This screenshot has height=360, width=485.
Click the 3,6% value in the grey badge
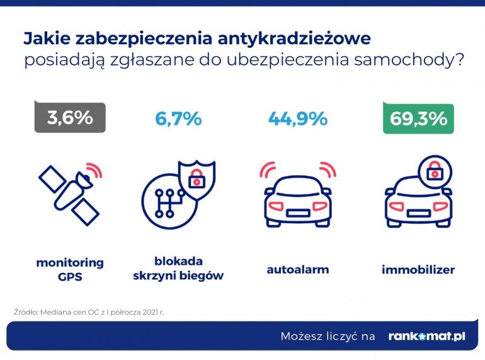(x=70, y=118)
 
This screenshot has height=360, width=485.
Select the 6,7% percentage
(x=178, y=118)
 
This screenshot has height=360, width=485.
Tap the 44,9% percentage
(x=297, y=118)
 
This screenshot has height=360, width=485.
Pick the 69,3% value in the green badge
(x=418, y=118)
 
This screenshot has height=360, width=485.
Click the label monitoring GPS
(x=70, y=269)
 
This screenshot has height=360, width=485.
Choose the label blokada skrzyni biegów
(x=179, y=269)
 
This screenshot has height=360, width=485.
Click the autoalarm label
(x=298, y=270)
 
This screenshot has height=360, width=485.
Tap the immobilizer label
(x=418, y=270)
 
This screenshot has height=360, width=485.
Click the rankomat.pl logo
(x=426, y=336)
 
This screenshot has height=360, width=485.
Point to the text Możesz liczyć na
(x=328, y=336)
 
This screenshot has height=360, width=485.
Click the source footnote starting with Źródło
(x=88, y=311)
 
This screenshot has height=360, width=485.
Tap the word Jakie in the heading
(x=47, y=38)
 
